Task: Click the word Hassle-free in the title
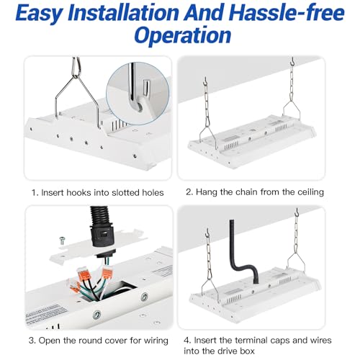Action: [x=287, y=13]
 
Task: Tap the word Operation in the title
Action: [x=182, y=35]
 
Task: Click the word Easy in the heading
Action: [x=38, y=14]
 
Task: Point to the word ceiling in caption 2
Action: [x=310, y=192]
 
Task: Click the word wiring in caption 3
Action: [x=156, y=341]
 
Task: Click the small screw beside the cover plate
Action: [x=62, y=240]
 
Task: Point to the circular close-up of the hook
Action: [x=138, y=94]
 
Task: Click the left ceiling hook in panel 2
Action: [x=205, y=81]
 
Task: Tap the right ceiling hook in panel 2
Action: [x=292, y=62]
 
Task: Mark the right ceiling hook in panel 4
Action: [x=297, y=212]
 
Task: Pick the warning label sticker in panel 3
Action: [x=45, y=313]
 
